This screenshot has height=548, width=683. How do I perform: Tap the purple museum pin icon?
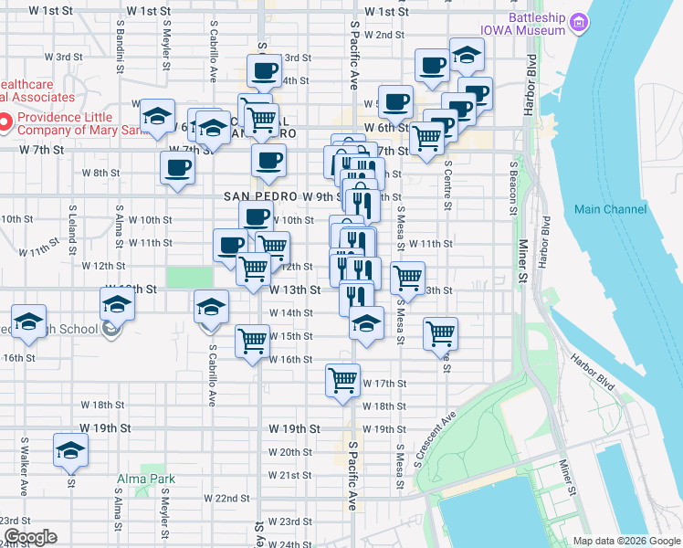coord(577,22)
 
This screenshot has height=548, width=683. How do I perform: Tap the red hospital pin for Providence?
coord(5,120)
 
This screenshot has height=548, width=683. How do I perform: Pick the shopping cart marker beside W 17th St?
coord(342,379)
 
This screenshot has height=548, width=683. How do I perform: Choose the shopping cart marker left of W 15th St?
coord(251,341)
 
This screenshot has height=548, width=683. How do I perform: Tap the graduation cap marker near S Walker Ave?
coord(68,451)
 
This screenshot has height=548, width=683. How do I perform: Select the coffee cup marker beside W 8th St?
coord(177,167)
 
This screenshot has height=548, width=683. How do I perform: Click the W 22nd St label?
coord(227,498)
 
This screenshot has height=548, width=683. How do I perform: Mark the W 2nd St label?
coord(384,35)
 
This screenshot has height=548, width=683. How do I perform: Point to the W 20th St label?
coord(296,452)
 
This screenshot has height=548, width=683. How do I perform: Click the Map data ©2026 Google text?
coord(625,541)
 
